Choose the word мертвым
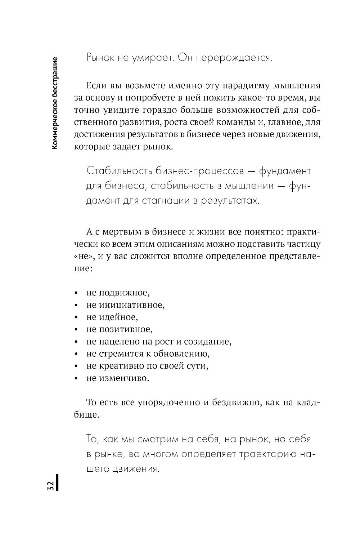point(120,231)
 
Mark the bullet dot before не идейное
point(76,317)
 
